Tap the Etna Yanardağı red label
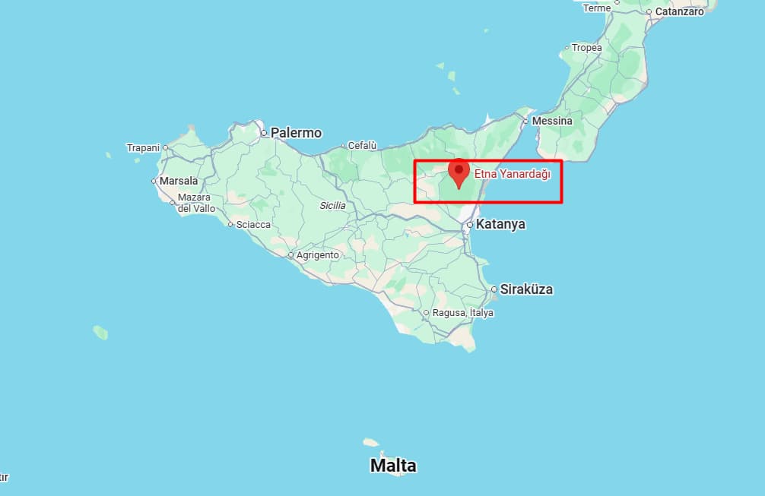click(512, 174)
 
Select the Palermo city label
click(297, 133)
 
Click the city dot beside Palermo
click(263, 133)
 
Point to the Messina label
click(552, 121)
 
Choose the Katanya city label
click(501, 224)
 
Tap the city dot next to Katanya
click(471, 224)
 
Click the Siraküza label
click(527, 289)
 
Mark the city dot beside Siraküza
click(494, 289)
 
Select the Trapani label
click(143, 147)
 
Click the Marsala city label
click(179, 181)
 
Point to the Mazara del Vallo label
click(196, 203)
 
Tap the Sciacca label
click(253, 224)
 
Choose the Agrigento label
click(317, 255)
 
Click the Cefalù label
click(362, 145)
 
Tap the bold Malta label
click(393, 465)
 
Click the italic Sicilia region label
click(332, 206)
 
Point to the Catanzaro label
click(679, 12)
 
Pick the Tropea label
click(586, 48)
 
